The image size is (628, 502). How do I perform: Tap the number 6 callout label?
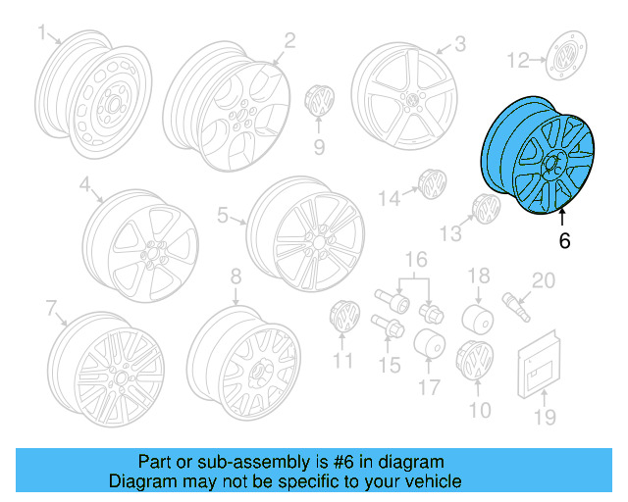pyautogui.click(x=564, y=239)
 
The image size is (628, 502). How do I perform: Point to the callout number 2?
pyautogui.click(x=290, y=40)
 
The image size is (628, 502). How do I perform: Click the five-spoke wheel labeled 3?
pyautogui.click(x=403, y=102)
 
